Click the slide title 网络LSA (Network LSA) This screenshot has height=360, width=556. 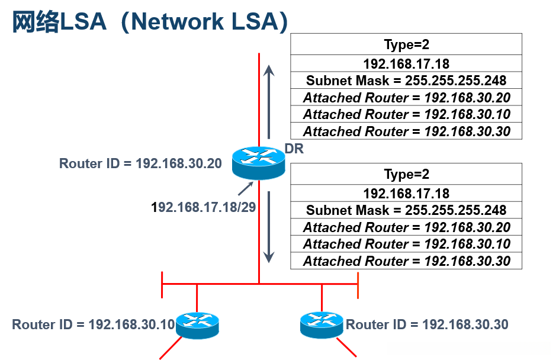(x=150, y=22)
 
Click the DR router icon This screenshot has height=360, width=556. (x=259, y=163)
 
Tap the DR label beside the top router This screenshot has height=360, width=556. (x=294, y=149)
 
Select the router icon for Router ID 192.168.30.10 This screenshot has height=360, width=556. (x=197, y=325)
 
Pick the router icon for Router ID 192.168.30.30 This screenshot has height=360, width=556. (x=322, y=324)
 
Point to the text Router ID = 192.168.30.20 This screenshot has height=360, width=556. (x=140, y=163)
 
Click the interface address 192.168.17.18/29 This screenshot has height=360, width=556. (x=204, y=207)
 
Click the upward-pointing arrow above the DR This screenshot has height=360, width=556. (x=269, y=102)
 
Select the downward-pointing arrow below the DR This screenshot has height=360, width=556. (x=269, y=227)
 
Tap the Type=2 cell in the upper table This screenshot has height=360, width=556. (x=406, y=44)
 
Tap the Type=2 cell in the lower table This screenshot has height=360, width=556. (x=406, y=174)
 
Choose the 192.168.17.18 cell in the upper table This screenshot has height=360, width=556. (x=406, y=63)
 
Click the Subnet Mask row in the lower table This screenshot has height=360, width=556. (x=406, y=210)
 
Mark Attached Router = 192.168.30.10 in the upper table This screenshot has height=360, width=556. (x=406, y=114)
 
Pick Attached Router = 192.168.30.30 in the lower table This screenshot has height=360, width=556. (x=406, y=261)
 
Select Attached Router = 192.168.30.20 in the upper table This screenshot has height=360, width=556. (x=406, y=97)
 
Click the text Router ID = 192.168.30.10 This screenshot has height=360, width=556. (x=94, y=324)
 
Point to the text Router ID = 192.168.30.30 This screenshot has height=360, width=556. (x=427, y=324)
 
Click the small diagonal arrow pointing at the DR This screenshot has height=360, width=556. (x=245, y=188)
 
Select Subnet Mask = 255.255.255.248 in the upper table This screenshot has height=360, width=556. (x=406, y=81)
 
